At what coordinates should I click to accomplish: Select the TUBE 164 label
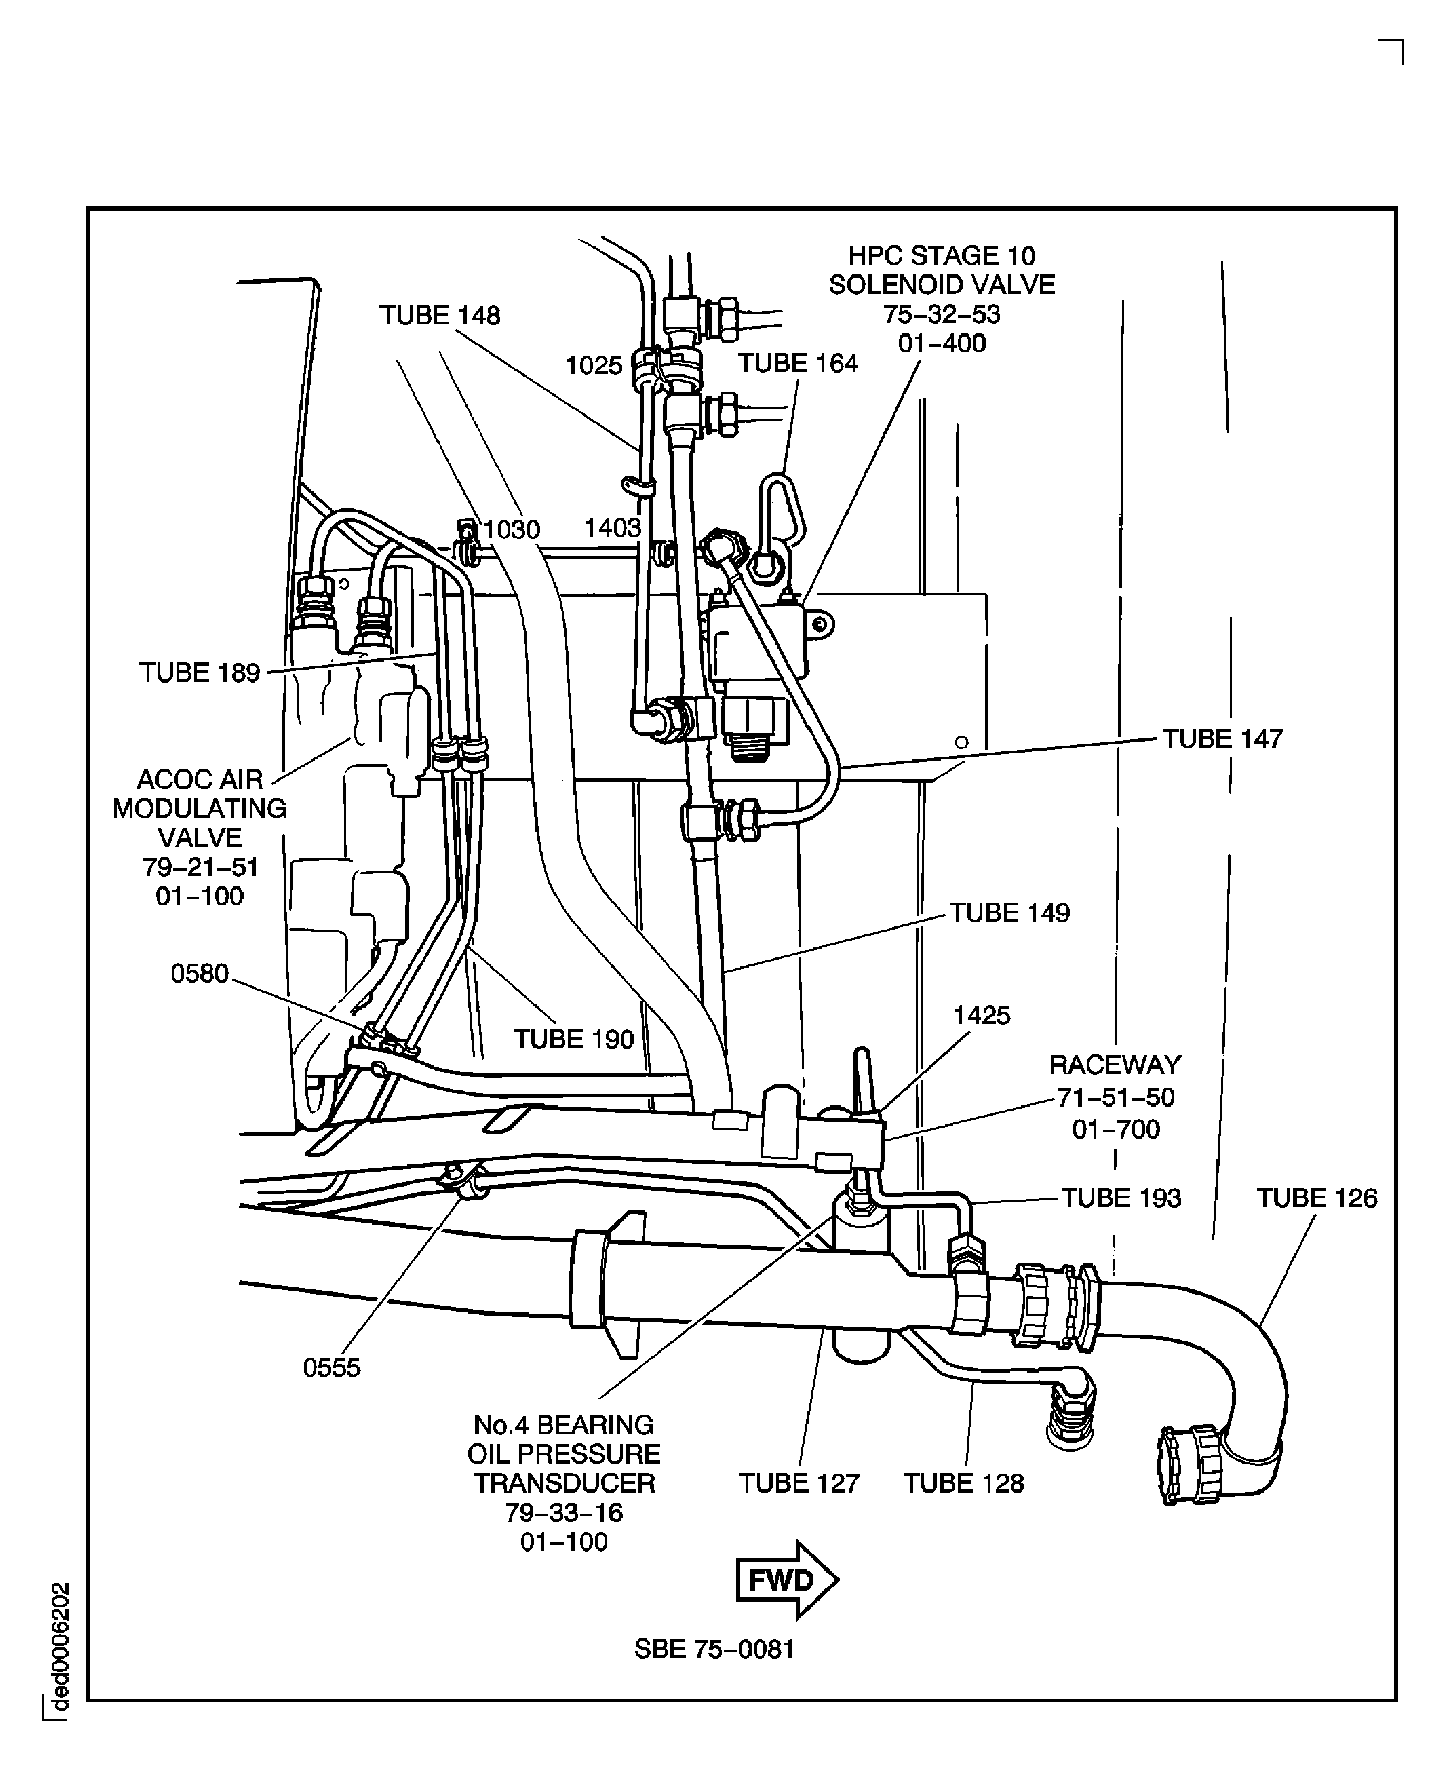pos(797,364)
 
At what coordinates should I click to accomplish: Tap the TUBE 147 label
pos(1221,739)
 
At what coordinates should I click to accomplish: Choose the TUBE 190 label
pos(573,1040)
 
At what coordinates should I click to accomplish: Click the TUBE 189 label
pos(199,673)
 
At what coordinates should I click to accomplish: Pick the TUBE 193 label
pos(1121,1198)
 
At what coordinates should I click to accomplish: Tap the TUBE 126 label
pos(1316,1198)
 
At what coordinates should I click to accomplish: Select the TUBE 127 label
pos(799,1483)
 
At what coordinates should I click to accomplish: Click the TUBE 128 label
pos(963,1483)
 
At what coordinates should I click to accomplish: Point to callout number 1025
pos(593,366)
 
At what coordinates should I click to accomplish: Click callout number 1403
pos(612,528)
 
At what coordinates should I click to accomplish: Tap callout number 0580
pos(199,974)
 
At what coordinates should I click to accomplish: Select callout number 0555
pos(331,1368)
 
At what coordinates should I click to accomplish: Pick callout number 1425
pos(981,1016)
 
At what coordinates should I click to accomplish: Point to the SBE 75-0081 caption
pos(714,1649)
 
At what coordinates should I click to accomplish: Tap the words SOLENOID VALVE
pos(941,285)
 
